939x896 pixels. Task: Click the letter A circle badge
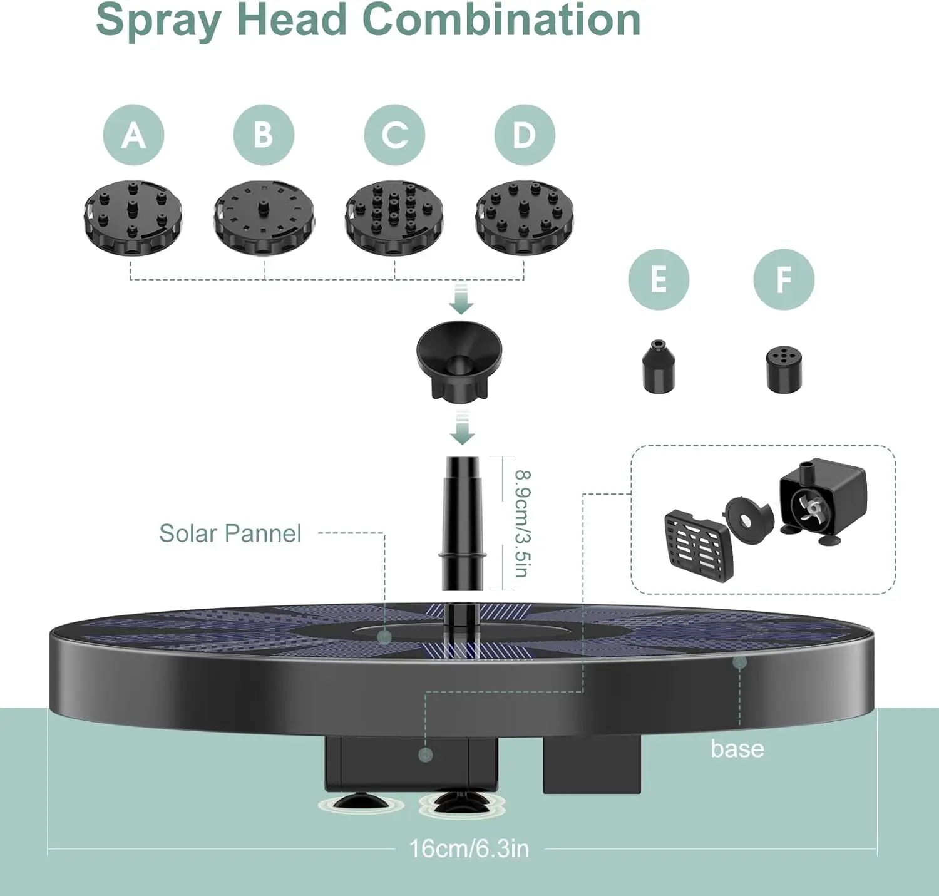point(134,135)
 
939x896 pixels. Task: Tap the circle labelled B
point(264,135)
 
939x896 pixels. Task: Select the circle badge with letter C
point(394,135)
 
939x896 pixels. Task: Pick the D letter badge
point(525,135)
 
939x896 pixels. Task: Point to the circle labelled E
point(659,279)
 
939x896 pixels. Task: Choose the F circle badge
point(784,279)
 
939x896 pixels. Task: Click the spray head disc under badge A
point(133,218)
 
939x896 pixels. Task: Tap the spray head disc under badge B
point(264,218)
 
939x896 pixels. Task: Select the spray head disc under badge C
point(394,218)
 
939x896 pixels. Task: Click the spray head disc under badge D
point(525,218)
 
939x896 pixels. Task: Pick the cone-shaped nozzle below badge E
point(659,366)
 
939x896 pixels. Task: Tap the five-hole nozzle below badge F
point(784,370)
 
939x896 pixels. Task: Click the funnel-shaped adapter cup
point(459,359)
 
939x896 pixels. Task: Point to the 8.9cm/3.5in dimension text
point(523,523)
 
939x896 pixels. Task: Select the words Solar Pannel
point(230,533)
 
